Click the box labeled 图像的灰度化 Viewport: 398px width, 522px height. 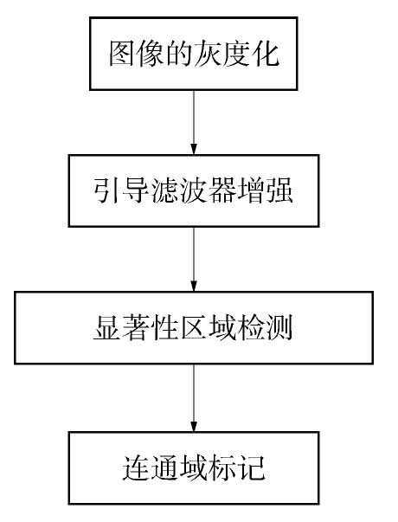tap(193, 54)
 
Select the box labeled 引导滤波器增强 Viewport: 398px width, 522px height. tap(194, 190)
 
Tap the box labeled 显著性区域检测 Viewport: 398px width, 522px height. tap(194, 328)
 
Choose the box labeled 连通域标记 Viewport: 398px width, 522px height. tap(194, 468)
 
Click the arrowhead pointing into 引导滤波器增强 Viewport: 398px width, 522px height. tap(194, 149)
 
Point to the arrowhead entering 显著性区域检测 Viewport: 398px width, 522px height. tap(194, 286)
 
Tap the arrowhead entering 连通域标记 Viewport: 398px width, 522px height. tap(194, 426)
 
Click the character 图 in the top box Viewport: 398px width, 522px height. tap(123, 54)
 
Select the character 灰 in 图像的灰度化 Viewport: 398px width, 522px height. tap(208, 54)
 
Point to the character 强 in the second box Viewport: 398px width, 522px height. tap(279, 190)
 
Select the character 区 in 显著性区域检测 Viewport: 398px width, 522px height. tap(194, 328)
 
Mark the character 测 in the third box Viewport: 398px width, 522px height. tap(279, 328)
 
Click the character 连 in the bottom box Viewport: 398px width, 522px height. tap(137, 468)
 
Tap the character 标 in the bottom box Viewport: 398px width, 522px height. tap(222, 468)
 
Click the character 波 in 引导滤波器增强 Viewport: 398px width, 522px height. tap(194, 190)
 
